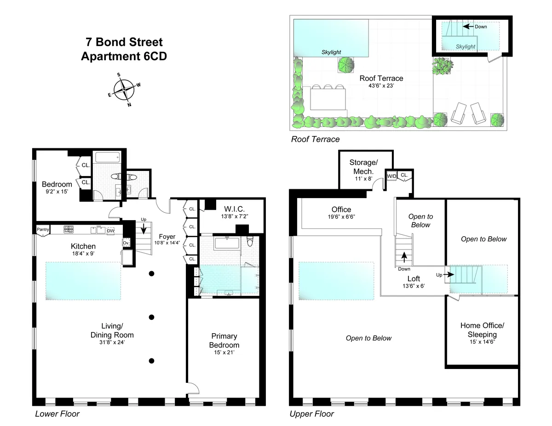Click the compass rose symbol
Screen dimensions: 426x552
click(x=124, y=90)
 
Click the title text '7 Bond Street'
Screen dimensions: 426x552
click(x=124, y=43)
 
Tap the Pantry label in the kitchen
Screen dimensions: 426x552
click(x=43, y=229)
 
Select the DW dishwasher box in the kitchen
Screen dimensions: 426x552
click(x=110, y=231)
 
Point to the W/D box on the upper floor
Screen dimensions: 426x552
click(x=391, y=176)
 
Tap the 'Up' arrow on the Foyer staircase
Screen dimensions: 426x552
click(x=143, y=226)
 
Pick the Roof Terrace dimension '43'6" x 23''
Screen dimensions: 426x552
click(x=381, y=86)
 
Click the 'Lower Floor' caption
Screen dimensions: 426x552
click(x=57, y=414)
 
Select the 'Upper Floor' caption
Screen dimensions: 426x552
click(x=311, y=414)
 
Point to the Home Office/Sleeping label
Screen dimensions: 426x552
click(x=482, y=329)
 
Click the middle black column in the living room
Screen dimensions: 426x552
click(x=151, y=317)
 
